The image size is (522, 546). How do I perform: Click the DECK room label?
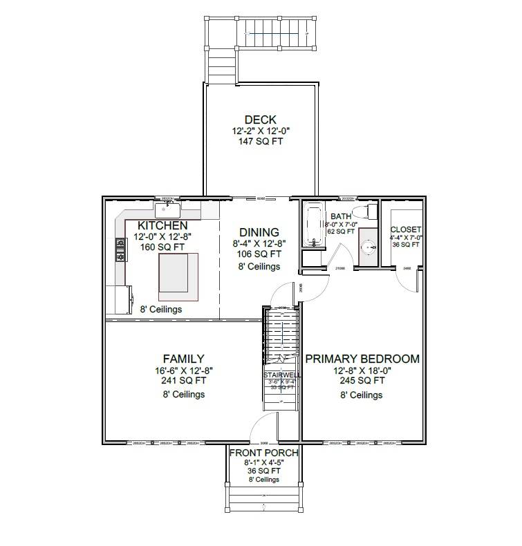(260, 120)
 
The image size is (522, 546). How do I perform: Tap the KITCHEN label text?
(162, 226)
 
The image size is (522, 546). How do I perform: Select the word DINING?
(259, 233)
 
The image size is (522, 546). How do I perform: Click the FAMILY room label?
(183, 359)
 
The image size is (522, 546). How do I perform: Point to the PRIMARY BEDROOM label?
(362, 359)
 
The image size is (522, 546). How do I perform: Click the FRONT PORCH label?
(264, 453)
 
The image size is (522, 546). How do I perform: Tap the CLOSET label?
(406, 229)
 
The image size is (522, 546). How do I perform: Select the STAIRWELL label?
(281, 375)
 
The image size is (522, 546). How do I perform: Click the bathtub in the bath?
(314, 225)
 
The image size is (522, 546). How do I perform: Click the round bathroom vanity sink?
(368, 245)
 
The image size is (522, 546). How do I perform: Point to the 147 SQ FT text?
(260, 141)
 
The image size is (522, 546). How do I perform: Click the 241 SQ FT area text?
(183, 379)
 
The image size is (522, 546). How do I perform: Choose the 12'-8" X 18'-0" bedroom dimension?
(362, 370)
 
